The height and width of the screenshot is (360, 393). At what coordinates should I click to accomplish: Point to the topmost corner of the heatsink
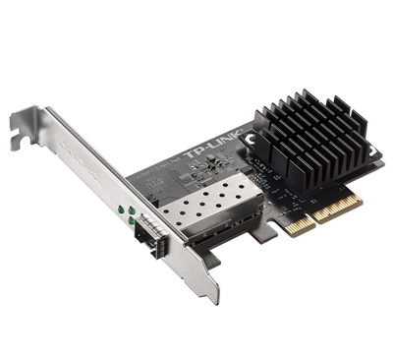point(294,90)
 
